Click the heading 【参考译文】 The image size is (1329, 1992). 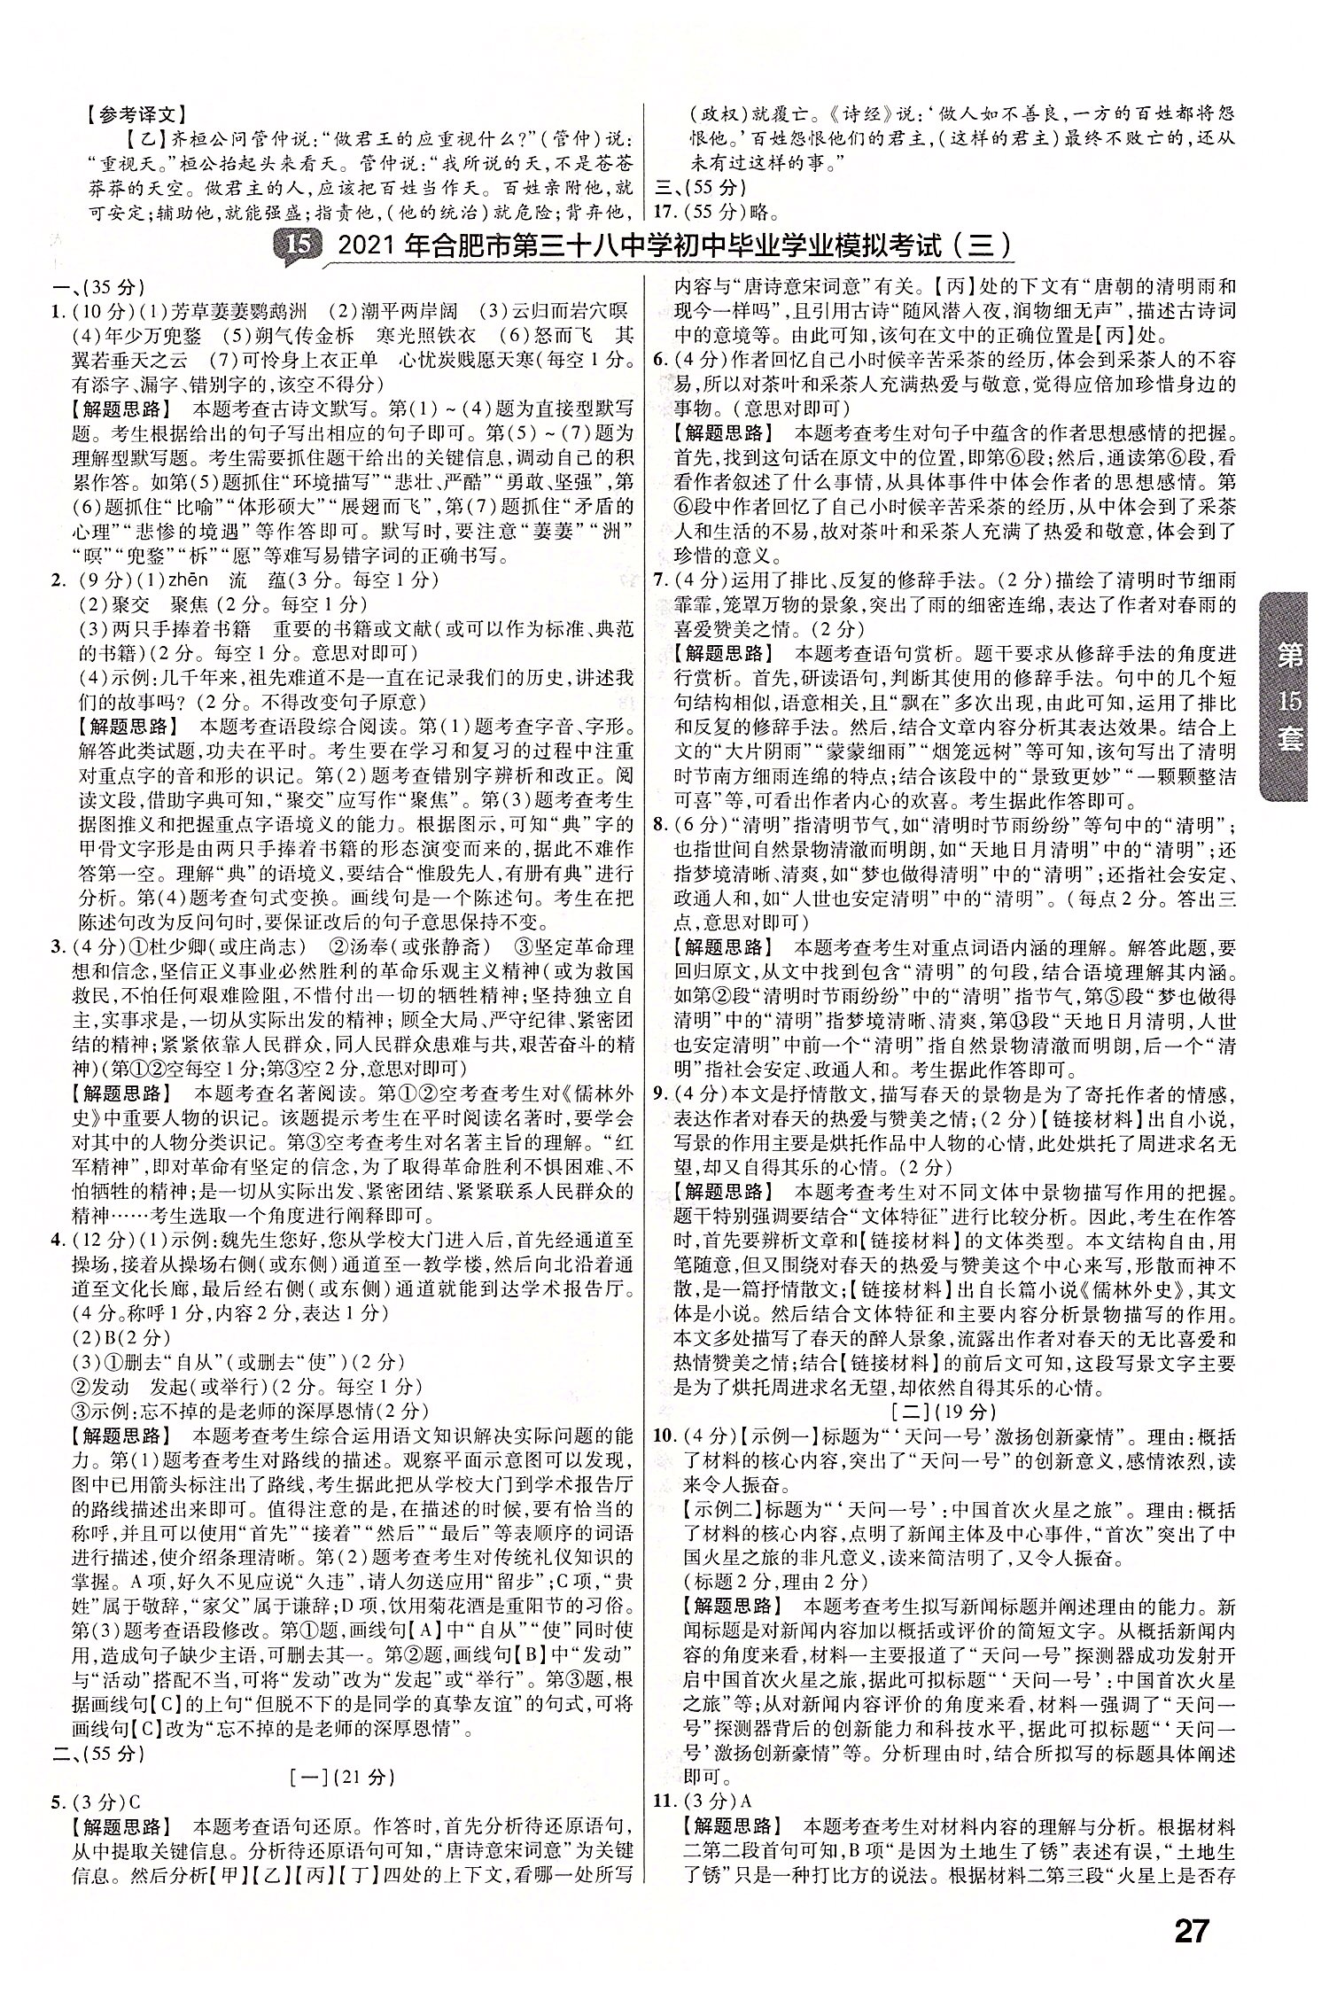[136, 114]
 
